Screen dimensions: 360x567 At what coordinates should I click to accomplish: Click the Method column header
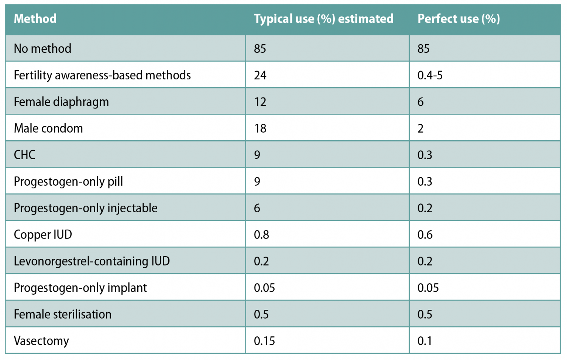[35, 19]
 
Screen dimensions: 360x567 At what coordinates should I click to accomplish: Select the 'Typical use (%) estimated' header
[323, 19]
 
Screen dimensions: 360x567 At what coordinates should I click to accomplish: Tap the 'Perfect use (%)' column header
[458, 19]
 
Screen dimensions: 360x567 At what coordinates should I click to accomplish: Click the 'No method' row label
[42, 49]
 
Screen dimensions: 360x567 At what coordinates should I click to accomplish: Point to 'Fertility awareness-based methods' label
[102, 75]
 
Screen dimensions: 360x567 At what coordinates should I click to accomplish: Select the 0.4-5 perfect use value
[430, 75]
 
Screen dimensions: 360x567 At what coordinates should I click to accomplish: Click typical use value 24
[260, 75]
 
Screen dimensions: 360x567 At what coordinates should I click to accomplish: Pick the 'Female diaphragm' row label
[61, 102]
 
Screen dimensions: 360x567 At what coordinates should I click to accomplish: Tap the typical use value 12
[260, 102]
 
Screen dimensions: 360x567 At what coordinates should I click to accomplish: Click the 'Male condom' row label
[48, 128]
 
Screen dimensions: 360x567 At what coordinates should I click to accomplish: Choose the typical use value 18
[260, 128]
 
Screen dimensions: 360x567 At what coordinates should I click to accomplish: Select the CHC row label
[24, 155]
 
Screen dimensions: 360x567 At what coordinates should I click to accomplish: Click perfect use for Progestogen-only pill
[425, 182]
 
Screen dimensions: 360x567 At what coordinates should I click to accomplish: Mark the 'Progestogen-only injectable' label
[86, 208]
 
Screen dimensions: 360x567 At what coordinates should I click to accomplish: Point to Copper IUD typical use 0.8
[261, 235]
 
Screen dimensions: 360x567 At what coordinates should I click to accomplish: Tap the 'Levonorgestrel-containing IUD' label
[92, 261]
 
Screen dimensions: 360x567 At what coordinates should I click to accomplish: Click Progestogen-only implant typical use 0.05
[264, 288]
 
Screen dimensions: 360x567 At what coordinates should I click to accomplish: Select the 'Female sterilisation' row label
[62, 315]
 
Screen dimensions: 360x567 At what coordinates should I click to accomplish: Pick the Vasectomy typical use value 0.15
[264, 341]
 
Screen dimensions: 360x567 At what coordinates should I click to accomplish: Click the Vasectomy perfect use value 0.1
[425, 341]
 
